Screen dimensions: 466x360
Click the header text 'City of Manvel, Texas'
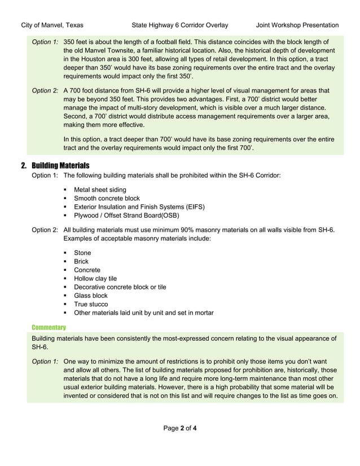pos(52,25)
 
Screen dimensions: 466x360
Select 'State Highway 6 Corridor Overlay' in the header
pos(179,25)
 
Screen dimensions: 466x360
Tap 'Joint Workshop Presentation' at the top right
pos(297,25)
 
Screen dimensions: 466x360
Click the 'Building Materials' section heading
pos(60,166)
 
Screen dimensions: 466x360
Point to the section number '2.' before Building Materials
pos(24,166)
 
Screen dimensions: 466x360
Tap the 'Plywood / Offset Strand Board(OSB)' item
pos(130,216)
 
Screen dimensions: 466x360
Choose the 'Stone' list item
pos(82,253)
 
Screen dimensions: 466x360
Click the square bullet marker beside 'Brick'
pos(66,262)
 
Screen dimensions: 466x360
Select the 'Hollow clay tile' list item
pos(95,279)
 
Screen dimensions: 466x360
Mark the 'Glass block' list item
pos(90,296)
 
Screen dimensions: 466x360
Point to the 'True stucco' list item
pos(91,304)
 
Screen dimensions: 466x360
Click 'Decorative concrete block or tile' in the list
pos(120,287)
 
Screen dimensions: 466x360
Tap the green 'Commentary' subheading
pos(49,327)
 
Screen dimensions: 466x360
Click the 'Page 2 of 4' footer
pos(180,428)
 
